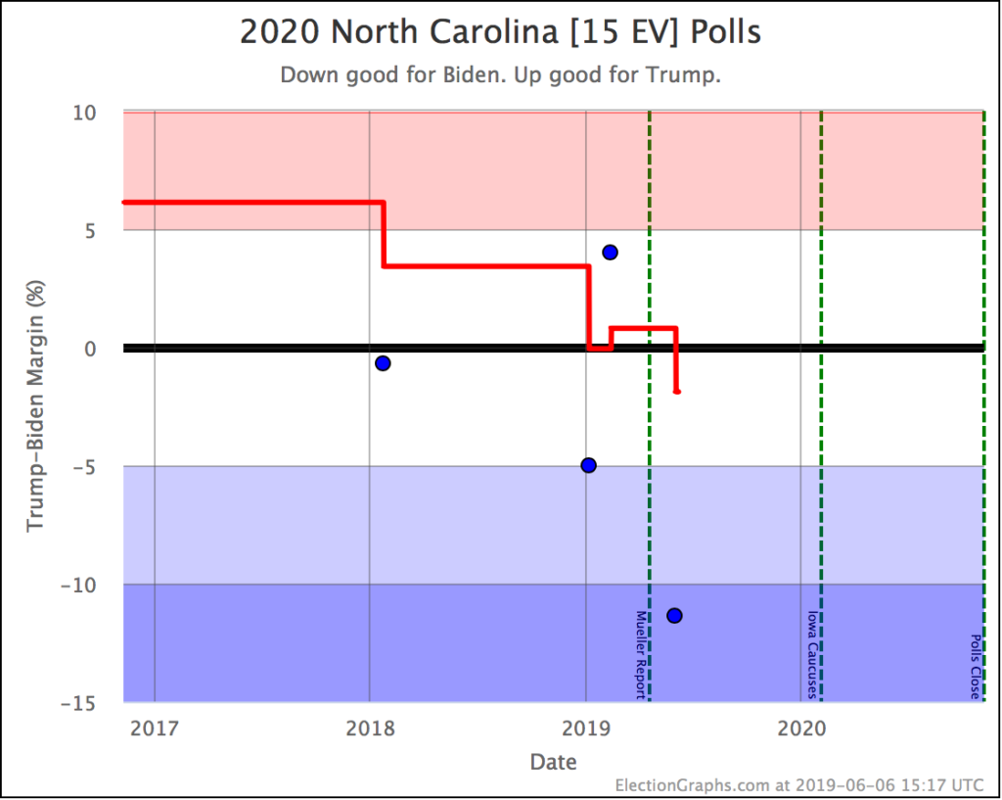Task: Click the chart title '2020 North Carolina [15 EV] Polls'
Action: (500, 31)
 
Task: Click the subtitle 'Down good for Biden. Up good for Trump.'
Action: (500, 75)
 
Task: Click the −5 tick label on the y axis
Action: (82, 467)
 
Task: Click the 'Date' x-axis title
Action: (553, 761)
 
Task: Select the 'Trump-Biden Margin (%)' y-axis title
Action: (36, 406)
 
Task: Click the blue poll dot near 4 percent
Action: (610, 252)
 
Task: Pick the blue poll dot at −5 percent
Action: (588, 465)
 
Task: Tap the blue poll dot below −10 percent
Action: (674, 615)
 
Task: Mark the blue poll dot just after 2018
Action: (383, 363)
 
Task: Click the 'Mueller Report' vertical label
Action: (641, 654)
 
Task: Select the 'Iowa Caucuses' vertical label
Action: (812, 654)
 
